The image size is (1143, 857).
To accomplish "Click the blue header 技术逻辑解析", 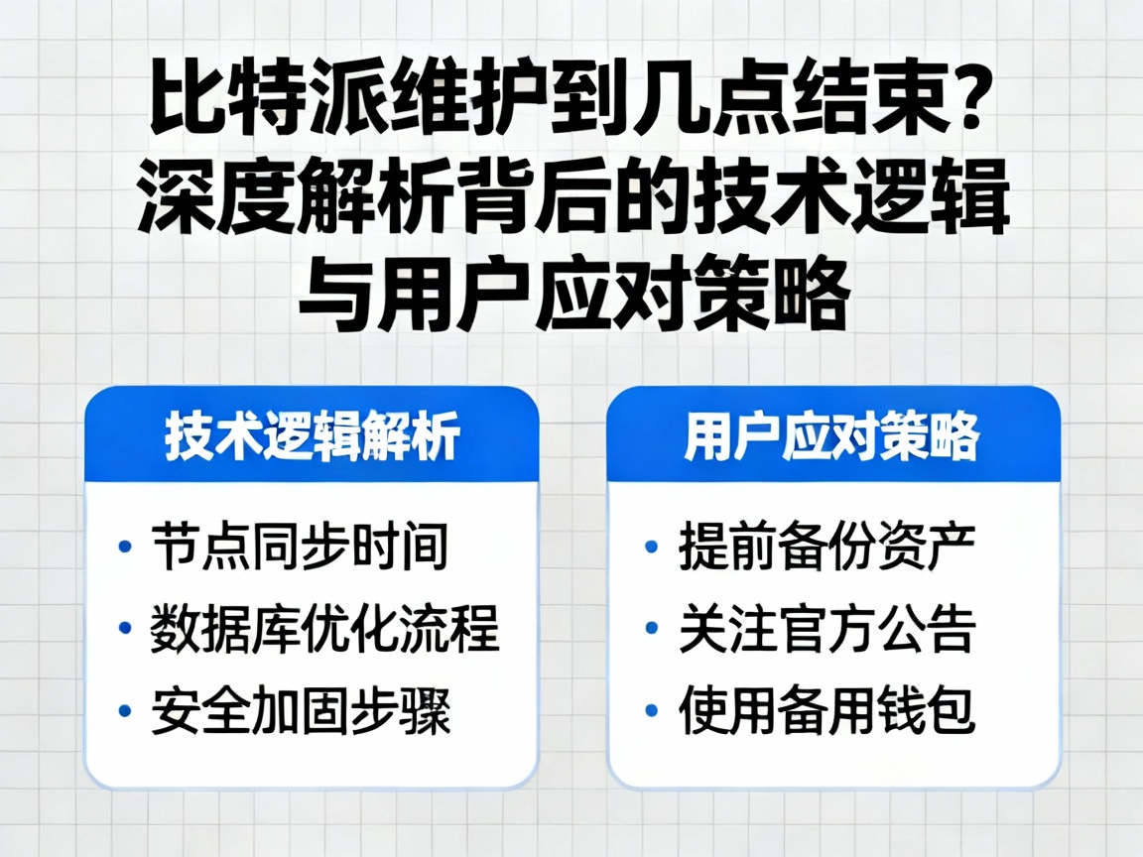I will tap(312, 436).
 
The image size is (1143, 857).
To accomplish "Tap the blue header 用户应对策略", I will tap(831, 436).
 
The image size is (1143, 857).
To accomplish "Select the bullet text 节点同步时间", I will tap(300, 548).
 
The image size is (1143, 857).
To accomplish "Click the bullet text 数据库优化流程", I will tap(324, 629).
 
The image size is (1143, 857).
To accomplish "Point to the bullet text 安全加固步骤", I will tap(301, 711).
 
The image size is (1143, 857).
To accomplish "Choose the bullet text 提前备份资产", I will tap(827, 548).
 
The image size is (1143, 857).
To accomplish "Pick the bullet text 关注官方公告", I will tap(827, 629).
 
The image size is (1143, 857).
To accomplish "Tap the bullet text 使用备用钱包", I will tap(827, 711).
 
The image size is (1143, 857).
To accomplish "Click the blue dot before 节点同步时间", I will tap(125, 548).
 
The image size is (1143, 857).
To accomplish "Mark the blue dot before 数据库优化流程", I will tap(125, 629).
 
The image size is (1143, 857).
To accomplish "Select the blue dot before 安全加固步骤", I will tap(125, 711).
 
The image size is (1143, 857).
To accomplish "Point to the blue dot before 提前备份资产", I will tap(651, 548).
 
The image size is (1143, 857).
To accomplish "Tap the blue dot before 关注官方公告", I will tap(651, 629).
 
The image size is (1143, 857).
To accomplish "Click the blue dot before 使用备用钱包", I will tap(651, 711).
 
